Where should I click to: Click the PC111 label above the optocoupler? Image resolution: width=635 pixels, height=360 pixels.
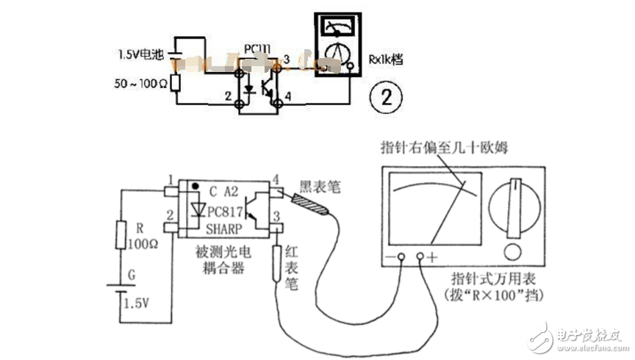(x=257, y=48)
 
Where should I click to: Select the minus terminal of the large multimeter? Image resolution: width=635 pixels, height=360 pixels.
(x=401, y=257)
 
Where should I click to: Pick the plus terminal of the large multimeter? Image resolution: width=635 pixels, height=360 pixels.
(x=423, y=257)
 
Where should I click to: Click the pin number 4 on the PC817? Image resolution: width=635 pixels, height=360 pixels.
(x=276, y=179)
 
